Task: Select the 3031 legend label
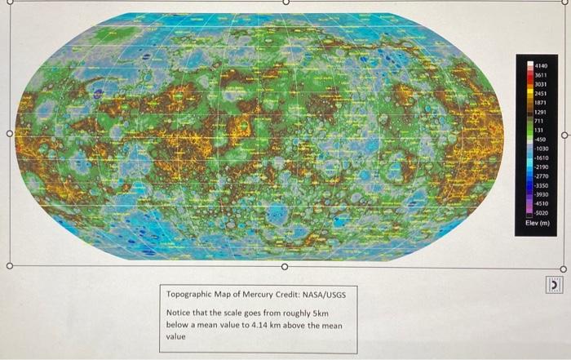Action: point(540,83)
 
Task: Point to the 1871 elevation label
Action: point(540,102)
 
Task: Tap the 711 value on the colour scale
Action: point(539,121)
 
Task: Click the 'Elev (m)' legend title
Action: point(539,223)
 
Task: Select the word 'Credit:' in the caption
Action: point(290,292)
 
